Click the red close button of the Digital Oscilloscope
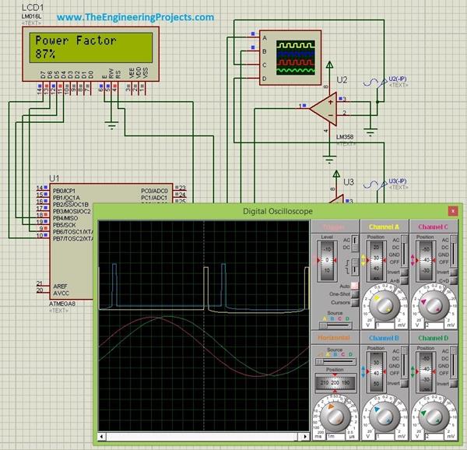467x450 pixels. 452,210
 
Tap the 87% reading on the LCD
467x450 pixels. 45,54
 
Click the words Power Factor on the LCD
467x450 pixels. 75,40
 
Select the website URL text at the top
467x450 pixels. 135,16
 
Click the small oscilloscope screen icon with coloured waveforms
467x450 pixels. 295,57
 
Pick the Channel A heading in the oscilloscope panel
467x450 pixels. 384,227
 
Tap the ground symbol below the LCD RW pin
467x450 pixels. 112,124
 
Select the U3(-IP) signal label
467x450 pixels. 397,181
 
